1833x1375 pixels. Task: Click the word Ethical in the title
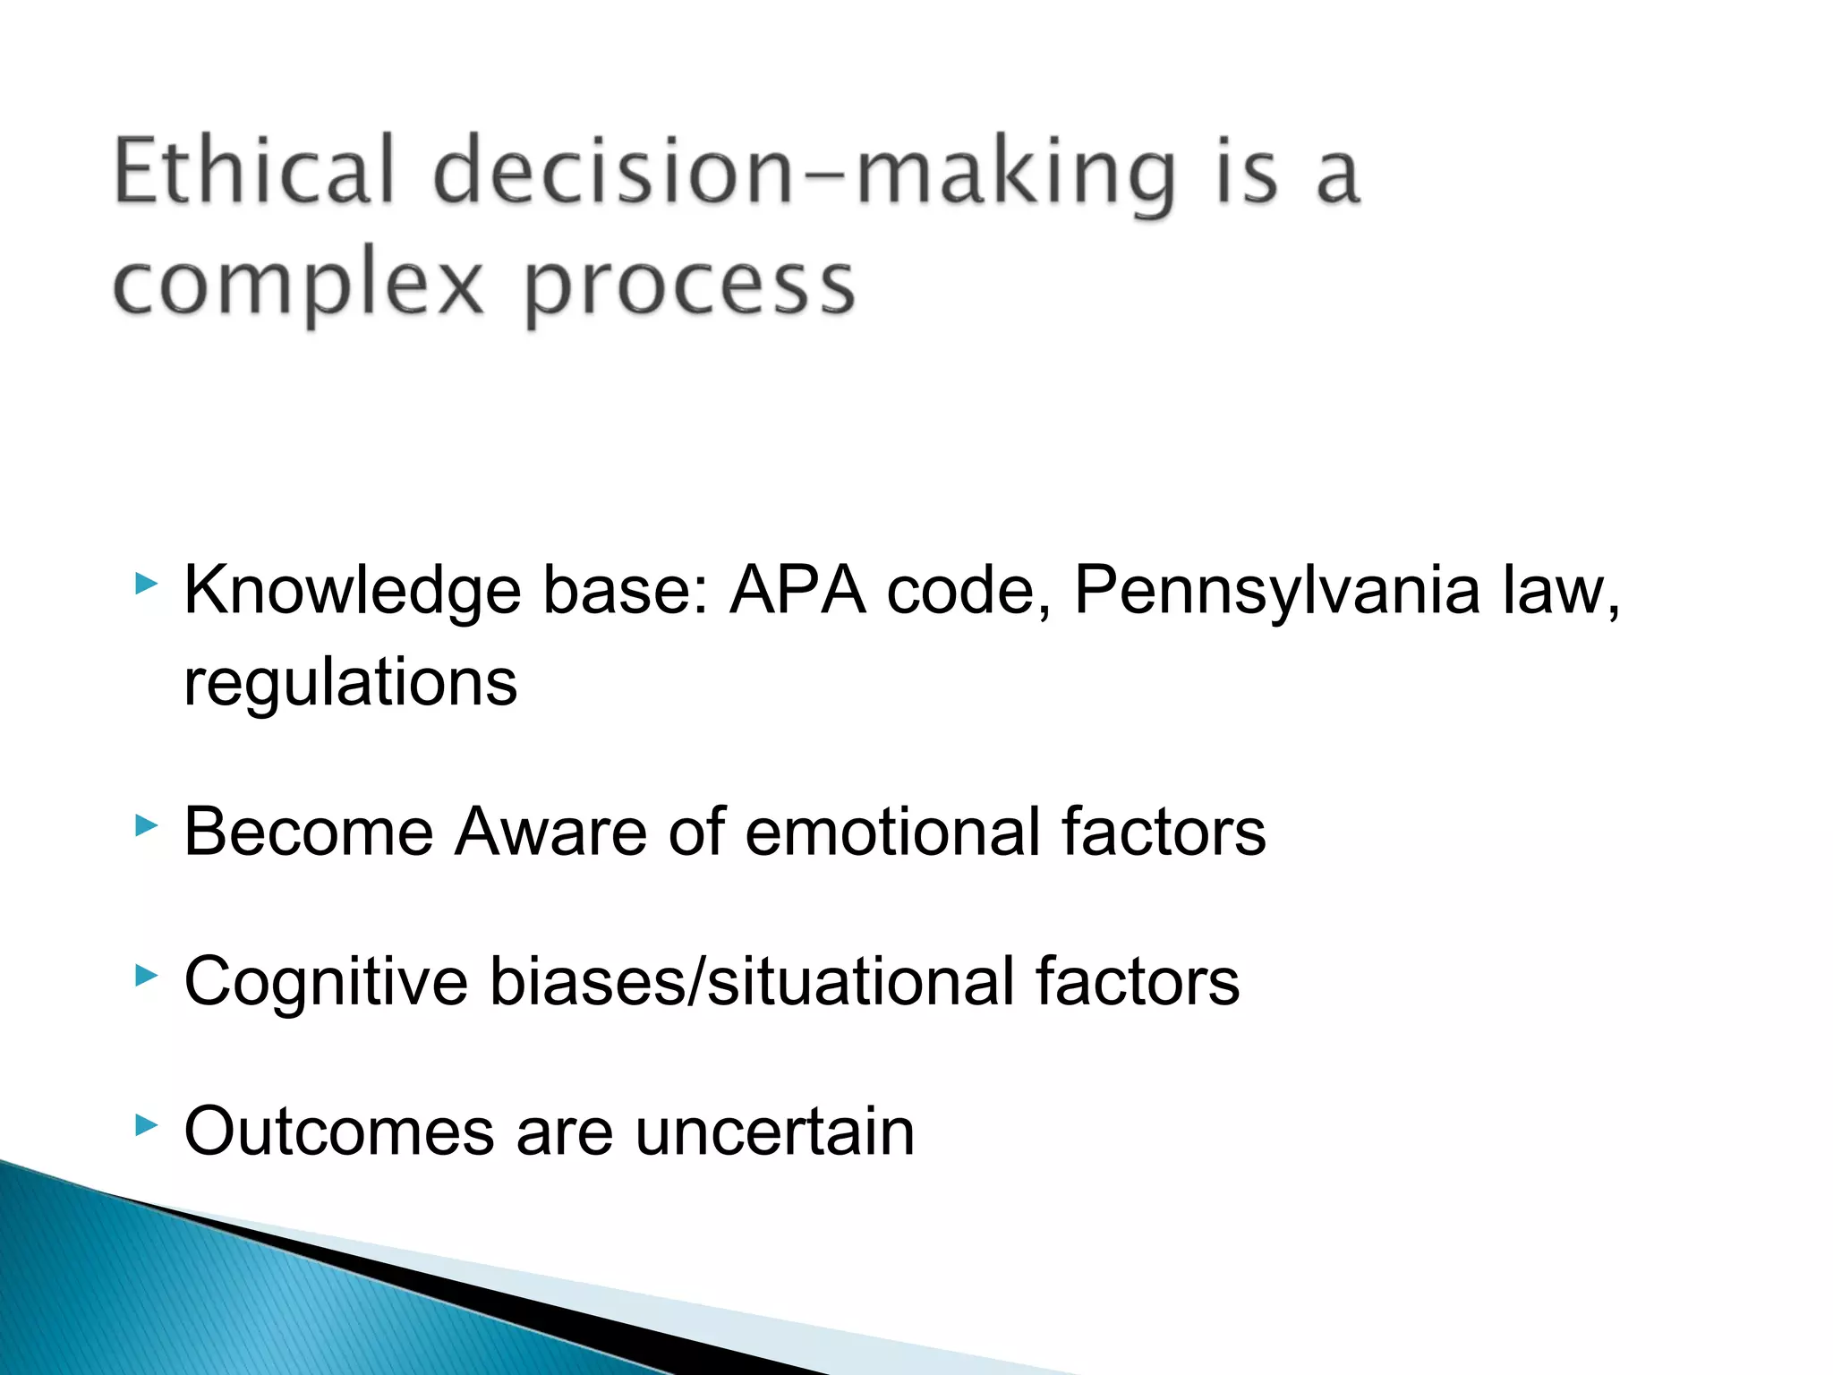(254, 170)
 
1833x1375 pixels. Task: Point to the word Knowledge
(352, 592)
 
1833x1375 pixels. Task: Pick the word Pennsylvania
(1276, 592)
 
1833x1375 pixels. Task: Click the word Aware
(550, 832)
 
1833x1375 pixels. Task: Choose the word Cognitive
(326, 982)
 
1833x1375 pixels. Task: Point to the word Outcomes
(338, 1132)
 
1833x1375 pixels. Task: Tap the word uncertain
(775, 1132)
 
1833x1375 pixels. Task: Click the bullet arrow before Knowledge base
(146, 585)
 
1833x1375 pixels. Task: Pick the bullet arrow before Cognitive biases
(146, 975)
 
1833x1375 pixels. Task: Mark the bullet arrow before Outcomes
(146, 1124)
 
